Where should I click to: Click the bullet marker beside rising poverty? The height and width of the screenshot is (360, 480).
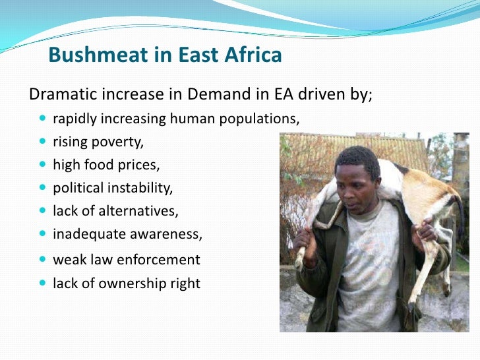[x=44, y=142]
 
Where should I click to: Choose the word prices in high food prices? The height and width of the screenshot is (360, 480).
[x=140, y=164]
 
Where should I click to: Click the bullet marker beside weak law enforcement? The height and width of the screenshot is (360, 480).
[x=44, y=259]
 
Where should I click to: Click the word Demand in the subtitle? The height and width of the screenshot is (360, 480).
[x=214, y=94]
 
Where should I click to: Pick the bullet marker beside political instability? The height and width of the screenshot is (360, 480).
[x=44, y=188]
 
